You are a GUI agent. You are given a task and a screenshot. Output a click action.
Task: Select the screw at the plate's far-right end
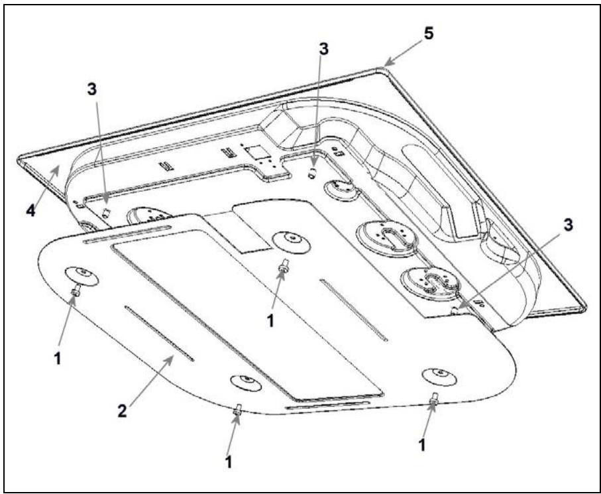(433, 399)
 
